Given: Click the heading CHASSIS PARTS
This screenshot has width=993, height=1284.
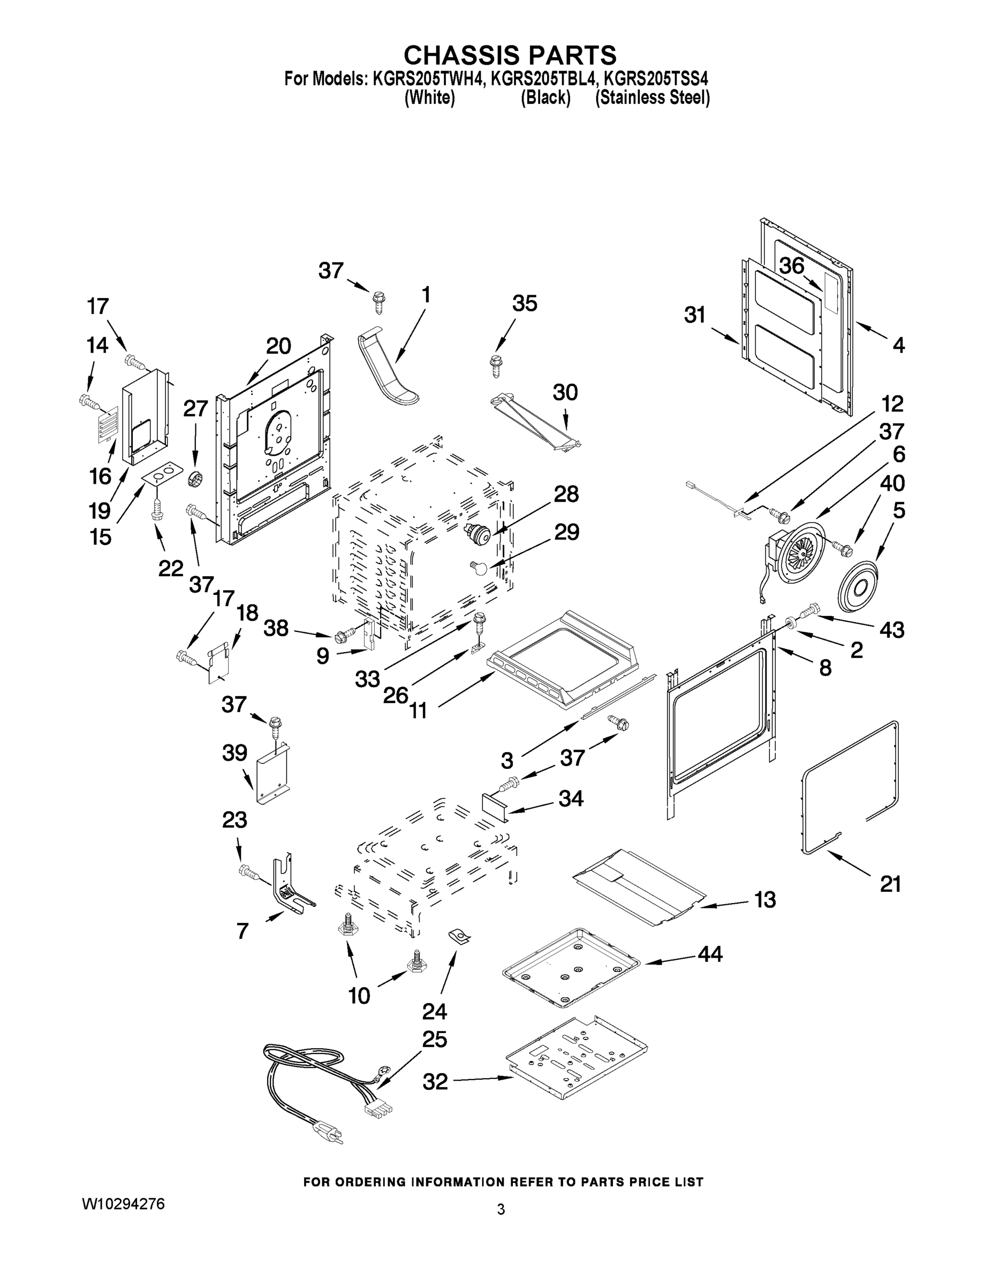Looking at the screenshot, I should (510, 55).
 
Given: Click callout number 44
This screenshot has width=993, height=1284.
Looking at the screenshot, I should (709, 953).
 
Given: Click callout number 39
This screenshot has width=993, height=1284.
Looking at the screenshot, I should (234, 753).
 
